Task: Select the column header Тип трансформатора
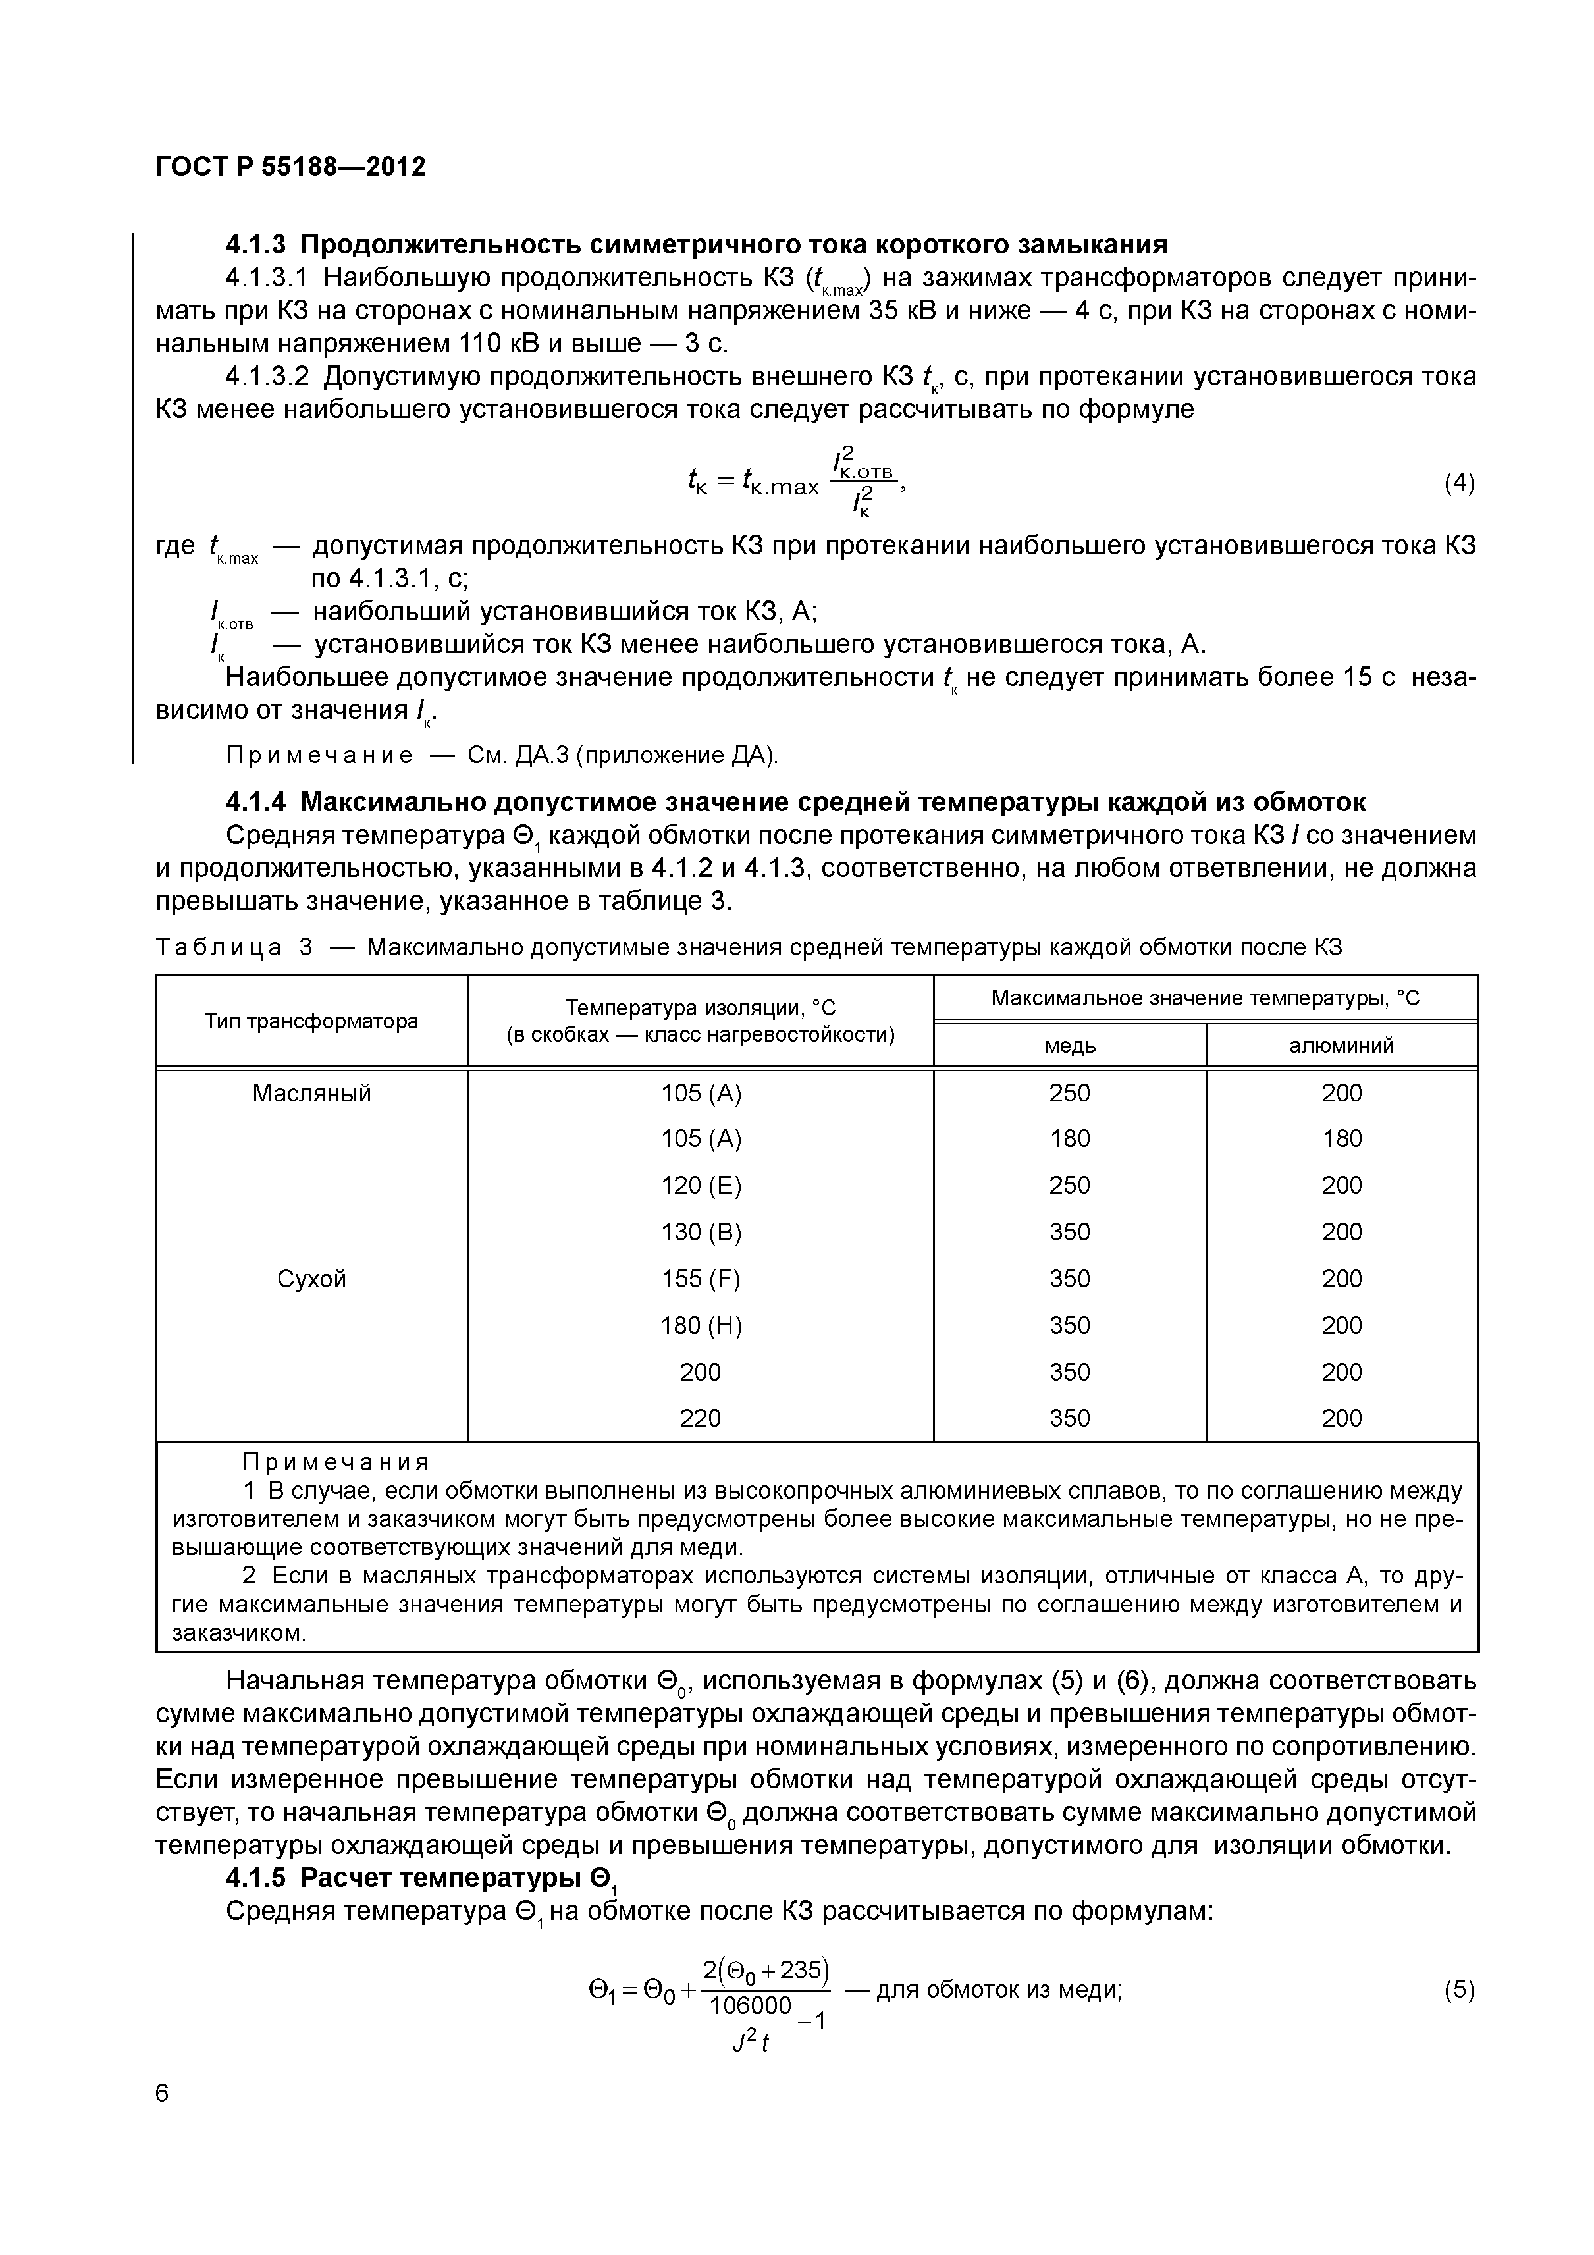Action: click(x=311, y=1021)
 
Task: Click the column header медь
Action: click(x=1069, y=1045)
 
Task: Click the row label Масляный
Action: click(x=311, y=1093)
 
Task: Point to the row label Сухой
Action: click(x=311, y=1279)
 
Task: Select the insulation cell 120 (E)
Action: click(x=701, y=1186)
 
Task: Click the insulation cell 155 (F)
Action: click(x=701, y=1279)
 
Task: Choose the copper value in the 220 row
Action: click(x=1069, y=1418)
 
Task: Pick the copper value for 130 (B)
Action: click(x=1069, y=1232)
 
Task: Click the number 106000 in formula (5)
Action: click(x=749, y=2005)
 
